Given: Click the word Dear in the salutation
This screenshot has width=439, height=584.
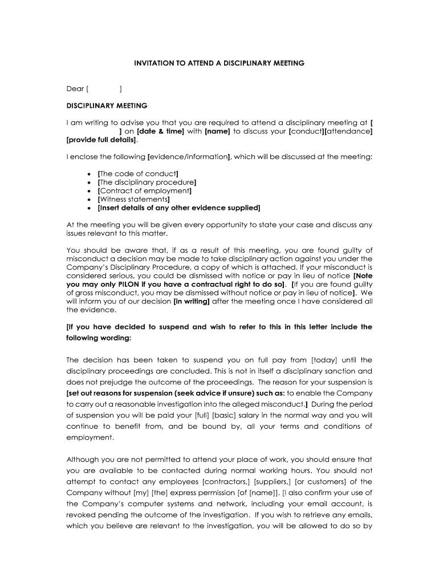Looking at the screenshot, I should pos(75,88).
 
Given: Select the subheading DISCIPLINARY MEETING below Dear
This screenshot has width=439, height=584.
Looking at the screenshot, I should pos(107,106).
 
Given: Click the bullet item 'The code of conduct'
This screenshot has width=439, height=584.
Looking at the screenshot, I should pos(139,173).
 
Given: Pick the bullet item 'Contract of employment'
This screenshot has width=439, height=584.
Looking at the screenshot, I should pos(144,190).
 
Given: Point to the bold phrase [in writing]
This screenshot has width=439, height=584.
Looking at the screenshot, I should pos(192,301).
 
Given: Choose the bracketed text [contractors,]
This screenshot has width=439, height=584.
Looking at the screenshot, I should pos(226,481).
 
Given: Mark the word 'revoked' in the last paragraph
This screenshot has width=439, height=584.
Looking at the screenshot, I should pos(84,514).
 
